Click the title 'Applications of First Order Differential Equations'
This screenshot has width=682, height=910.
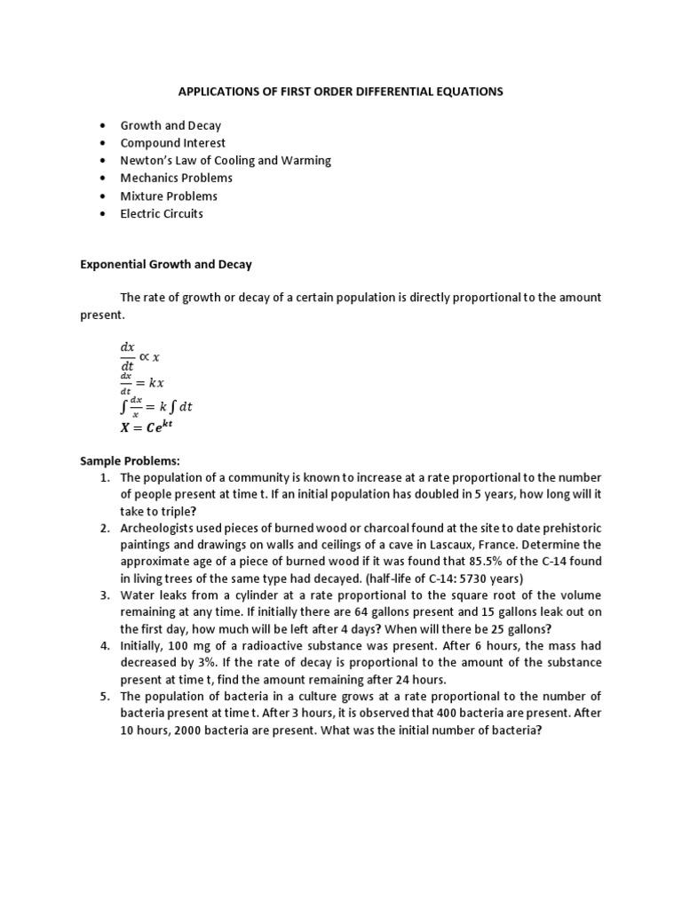(x=341, y=92)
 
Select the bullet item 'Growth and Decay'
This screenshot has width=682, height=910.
(x=170, y=125)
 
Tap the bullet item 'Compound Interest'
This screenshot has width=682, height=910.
(x=173, y=143)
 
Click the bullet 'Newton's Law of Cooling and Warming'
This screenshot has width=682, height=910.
(x=226, y=161)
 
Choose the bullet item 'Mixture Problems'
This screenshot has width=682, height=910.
(x=169, y=196)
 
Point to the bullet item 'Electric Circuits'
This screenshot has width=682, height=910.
(x=162, y=213)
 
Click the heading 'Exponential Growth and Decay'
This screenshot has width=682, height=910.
(x=166, y=264)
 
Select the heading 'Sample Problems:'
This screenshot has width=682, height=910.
(x=130, y=461)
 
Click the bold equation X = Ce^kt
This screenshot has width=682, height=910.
(x=147, y=426)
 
